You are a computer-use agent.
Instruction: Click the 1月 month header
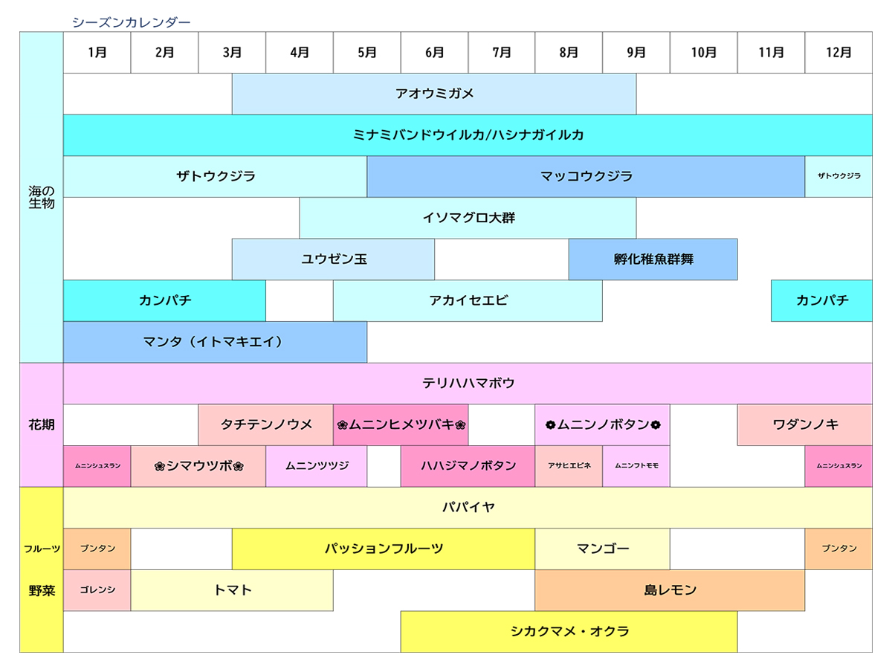[97, 53]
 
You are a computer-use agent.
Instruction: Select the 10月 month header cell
[703, 53]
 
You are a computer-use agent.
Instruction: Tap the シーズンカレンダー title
[131, 22]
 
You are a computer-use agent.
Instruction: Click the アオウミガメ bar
[434, 94]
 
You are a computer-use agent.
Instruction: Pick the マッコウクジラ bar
[586, 177]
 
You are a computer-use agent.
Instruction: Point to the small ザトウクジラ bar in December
[838, 177]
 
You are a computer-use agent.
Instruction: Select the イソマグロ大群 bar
[468, 219]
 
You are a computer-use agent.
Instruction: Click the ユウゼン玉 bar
[333, 259]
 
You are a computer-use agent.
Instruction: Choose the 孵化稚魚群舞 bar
[653, 259]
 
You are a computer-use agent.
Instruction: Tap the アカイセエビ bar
[468, 301]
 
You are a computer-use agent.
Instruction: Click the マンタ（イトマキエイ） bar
[215, 342]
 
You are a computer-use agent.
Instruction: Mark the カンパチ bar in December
[821, 301]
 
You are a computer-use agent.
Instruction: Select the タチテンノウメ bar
[265, 425]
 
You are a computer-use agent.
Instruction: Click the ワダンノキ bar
[804, 425]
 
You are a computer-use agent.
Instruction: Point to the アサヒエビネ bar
[569, 466]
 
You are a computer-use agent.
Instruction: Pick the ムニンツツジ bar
[316, 466]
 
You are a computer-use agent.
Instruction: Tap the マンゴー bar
[602, 549]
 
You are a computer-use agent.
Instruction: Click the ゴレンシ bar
[97, 590]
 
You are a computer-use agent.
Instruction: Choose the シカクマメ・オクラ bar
[569, 632]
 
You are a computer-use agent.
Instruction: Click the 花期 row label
[42, 425]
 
